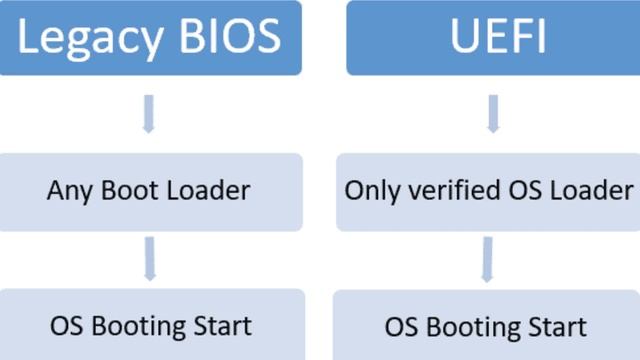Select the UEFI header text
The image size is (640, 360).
[492, 37]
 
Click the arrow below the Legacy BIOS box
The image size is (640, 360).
[148, 113]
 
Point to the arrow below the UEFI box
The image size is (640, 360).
[492, 113]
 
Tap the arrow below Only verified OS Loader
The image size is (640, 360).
[487, 257]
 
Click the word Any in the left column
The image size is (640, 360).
[65, 191]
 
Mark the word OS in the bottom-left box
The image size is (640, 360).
[66, 326]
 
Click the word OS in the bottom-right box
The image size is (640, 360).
[402, 327]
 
